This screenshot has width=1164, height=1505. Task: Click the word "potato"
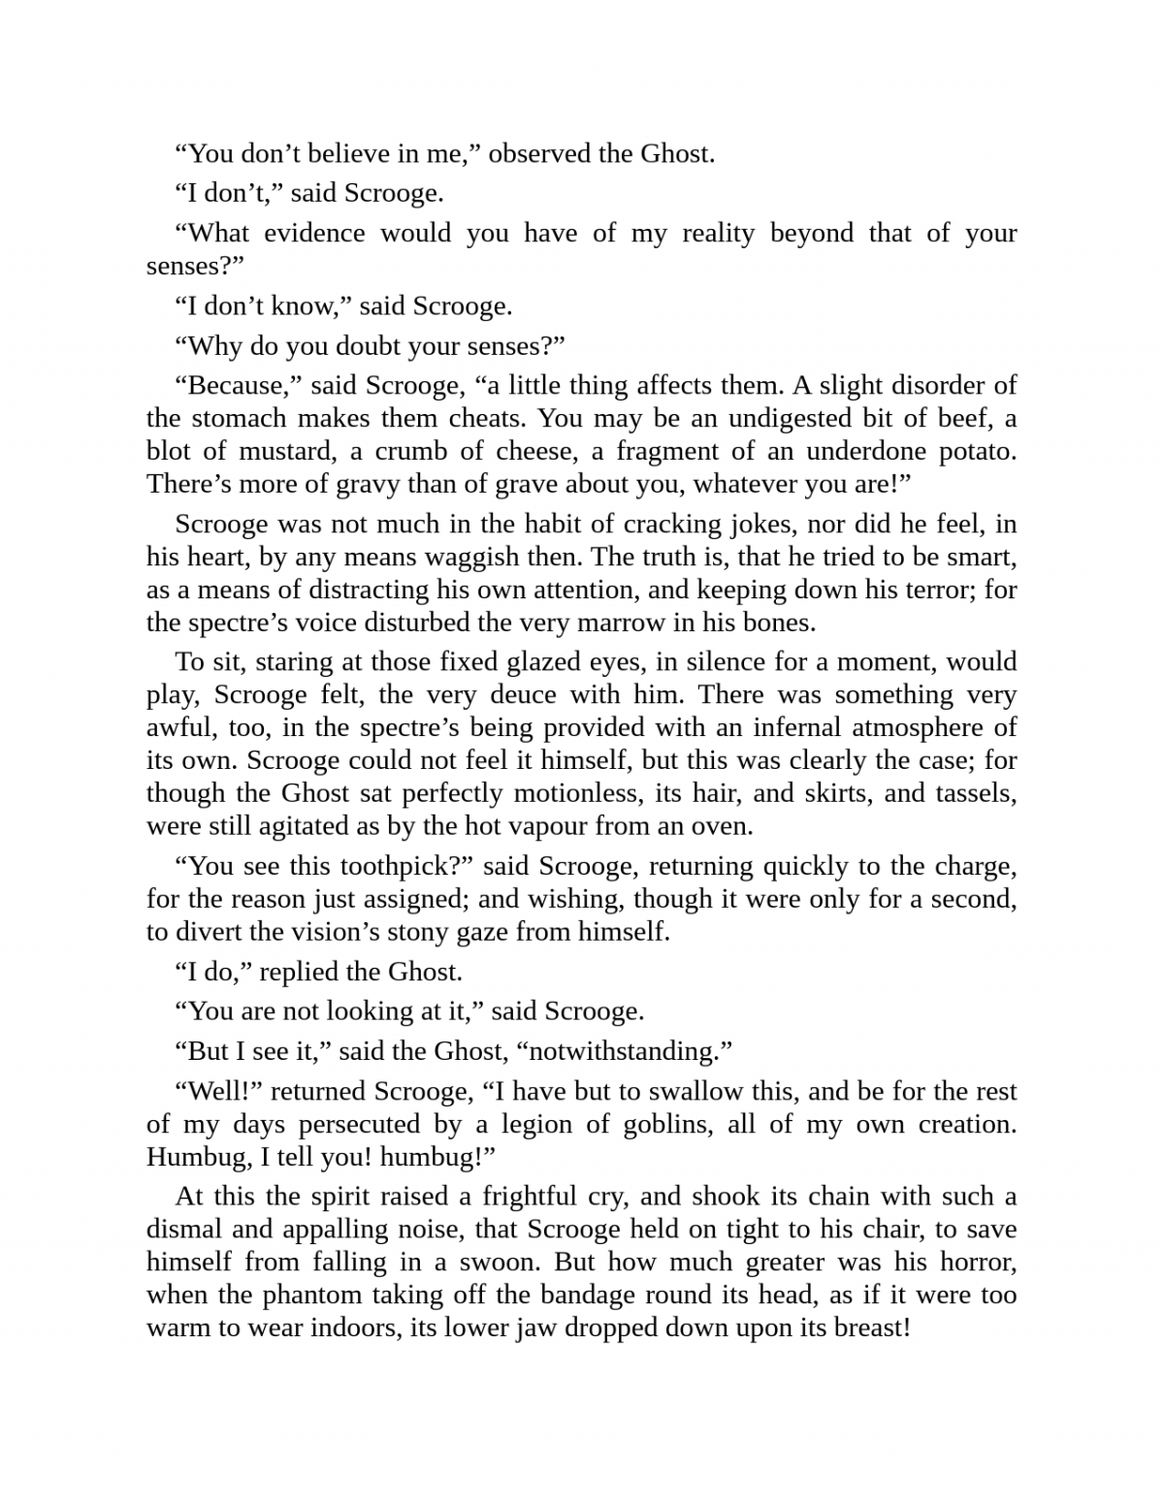(976, 451)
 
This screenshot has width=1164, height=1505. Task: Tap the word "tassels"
(976, 793)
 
